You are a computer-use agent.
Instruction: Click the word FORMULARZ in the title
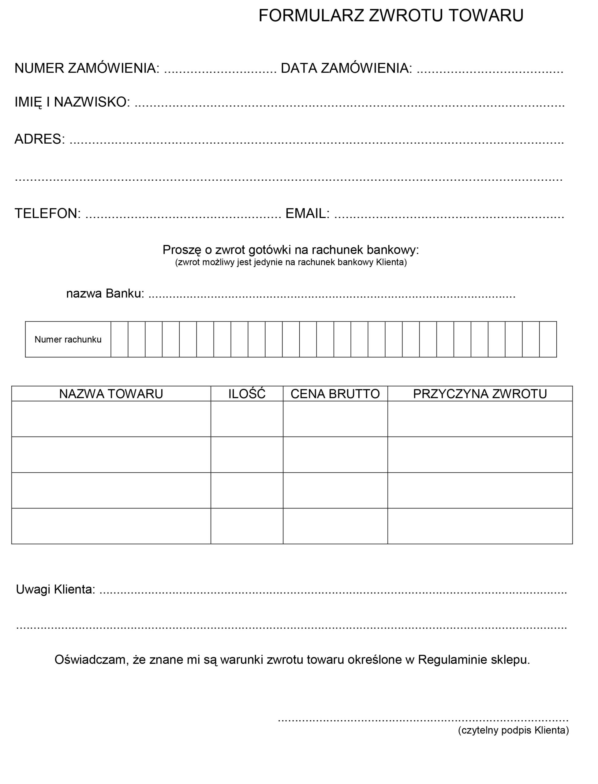[x=311, y=16]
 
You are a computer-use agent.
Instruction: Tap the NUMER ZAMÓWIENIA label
[x=87, y=68]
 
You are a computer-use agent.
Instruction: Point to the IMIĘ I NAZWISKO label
[x=72, y=102]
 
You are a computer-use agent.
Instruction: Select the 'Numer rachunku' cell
[x=68, y=339]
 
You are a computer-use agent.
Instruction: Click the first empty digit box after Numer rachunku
[x=119, y=339]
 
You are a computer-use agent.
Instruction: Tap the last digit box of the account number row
[x=548, y=339]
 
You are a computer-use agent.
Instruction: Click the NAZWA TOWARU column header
[x=111, y=394]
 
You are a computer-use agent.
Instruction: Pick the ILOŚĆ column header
[x=247, y=394]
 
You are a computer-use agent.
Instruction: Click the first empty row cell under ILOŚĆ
[x=247, y=419]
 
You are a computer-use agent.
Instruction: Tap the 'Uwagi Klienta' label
[x=55, y=590]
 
